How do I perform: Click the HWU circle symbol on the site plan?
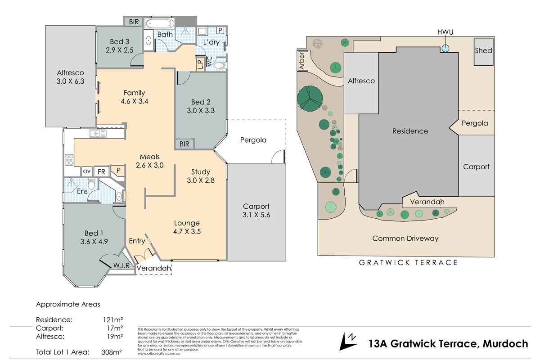coord(445,49)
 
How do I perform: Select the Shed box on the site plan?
coord(483,51)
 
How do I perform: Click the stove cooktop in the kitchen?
coord(70,159)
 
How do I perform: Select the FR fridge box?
coord(102,171)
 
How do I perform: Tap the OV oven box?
coord(86,171)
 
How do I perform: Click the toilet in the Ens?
coord(92,184)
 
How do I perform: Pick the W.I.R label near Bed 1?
coord(121,265)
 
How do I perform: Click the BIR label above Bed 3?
coord(134,22)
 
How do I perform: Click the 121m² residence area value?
coord(113,320)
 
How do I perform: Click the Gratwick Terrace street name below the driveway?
coord(408,263)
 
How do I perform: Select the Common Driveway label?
coord(405,238)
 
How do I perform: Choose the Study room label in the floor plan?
coord(201,171)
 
